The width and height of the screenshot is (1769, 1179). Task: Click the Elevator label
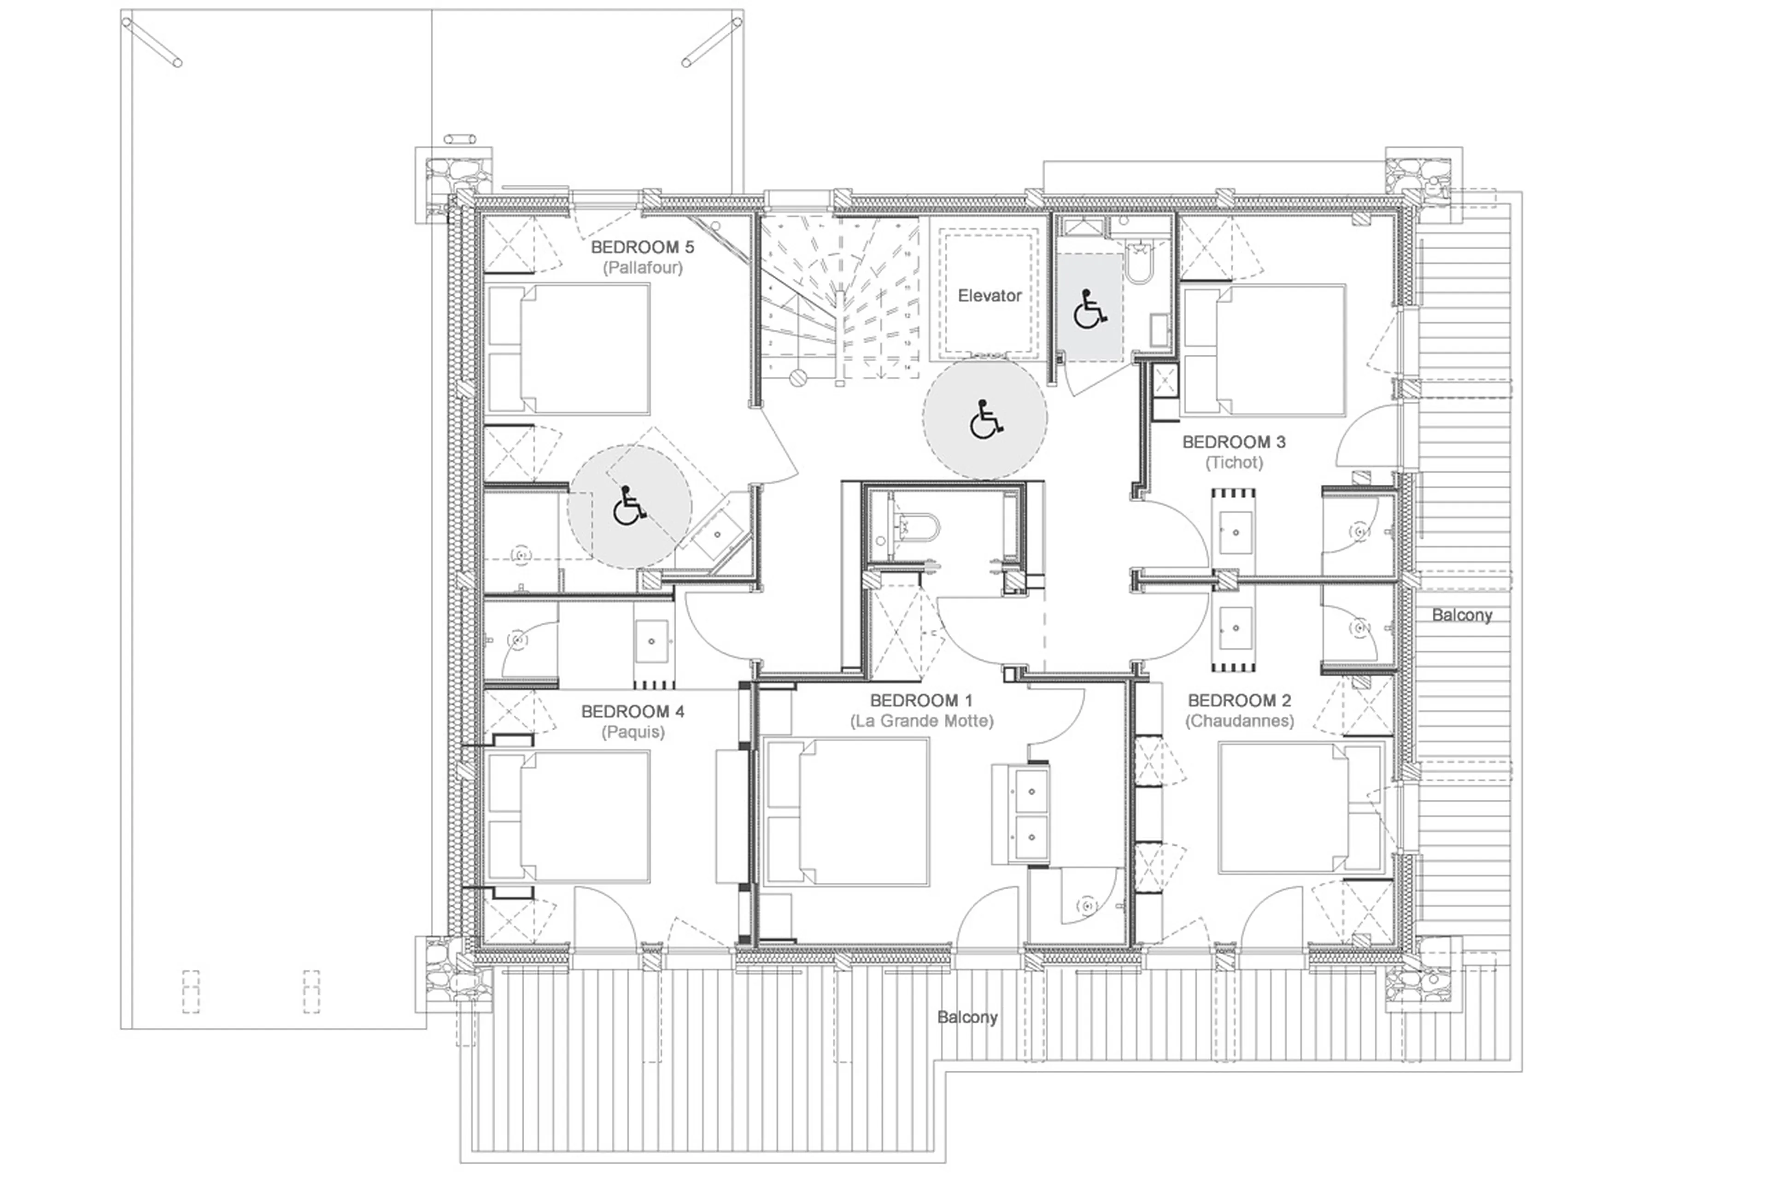coord(989,295)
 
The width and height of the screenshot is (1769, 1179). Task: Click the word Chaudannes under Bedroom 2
coord(1239,721)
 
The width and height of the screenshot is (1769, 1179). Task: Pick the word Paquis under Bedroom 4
coord(633,732)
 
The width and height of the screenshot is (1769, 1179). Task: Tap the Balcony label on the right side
coord(1461,615)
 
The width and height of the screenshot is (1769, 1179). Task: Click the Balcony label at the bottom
coord(967,1017)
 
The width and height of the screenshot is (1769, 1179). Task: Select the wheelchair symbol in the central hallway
coord(985,420)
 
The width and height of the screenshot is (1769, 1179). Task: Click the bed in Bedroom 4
coord(568,816)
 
